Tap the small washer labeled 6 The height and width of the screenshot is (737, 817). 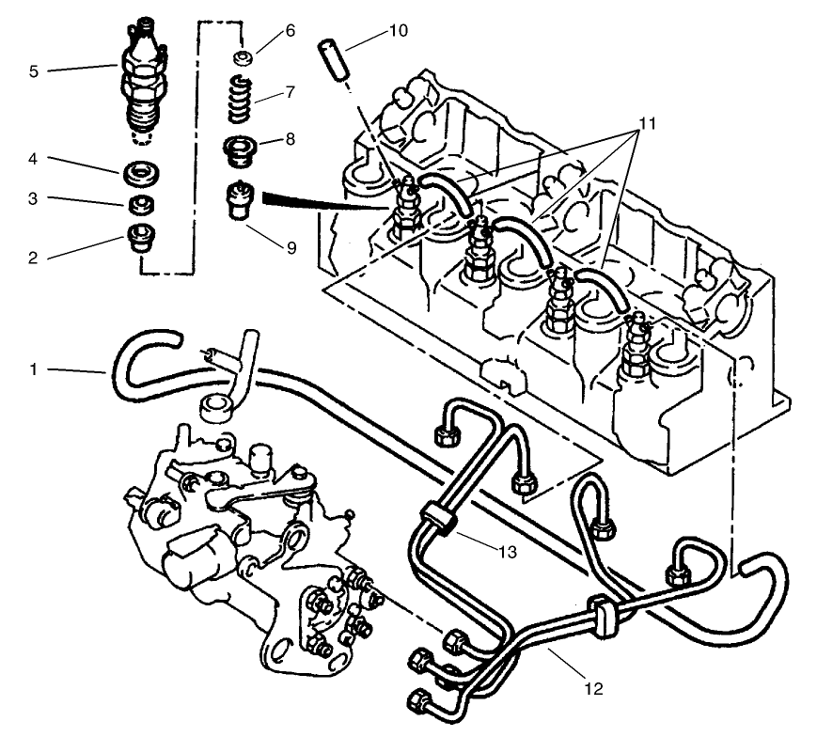(x=243, y=58)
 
